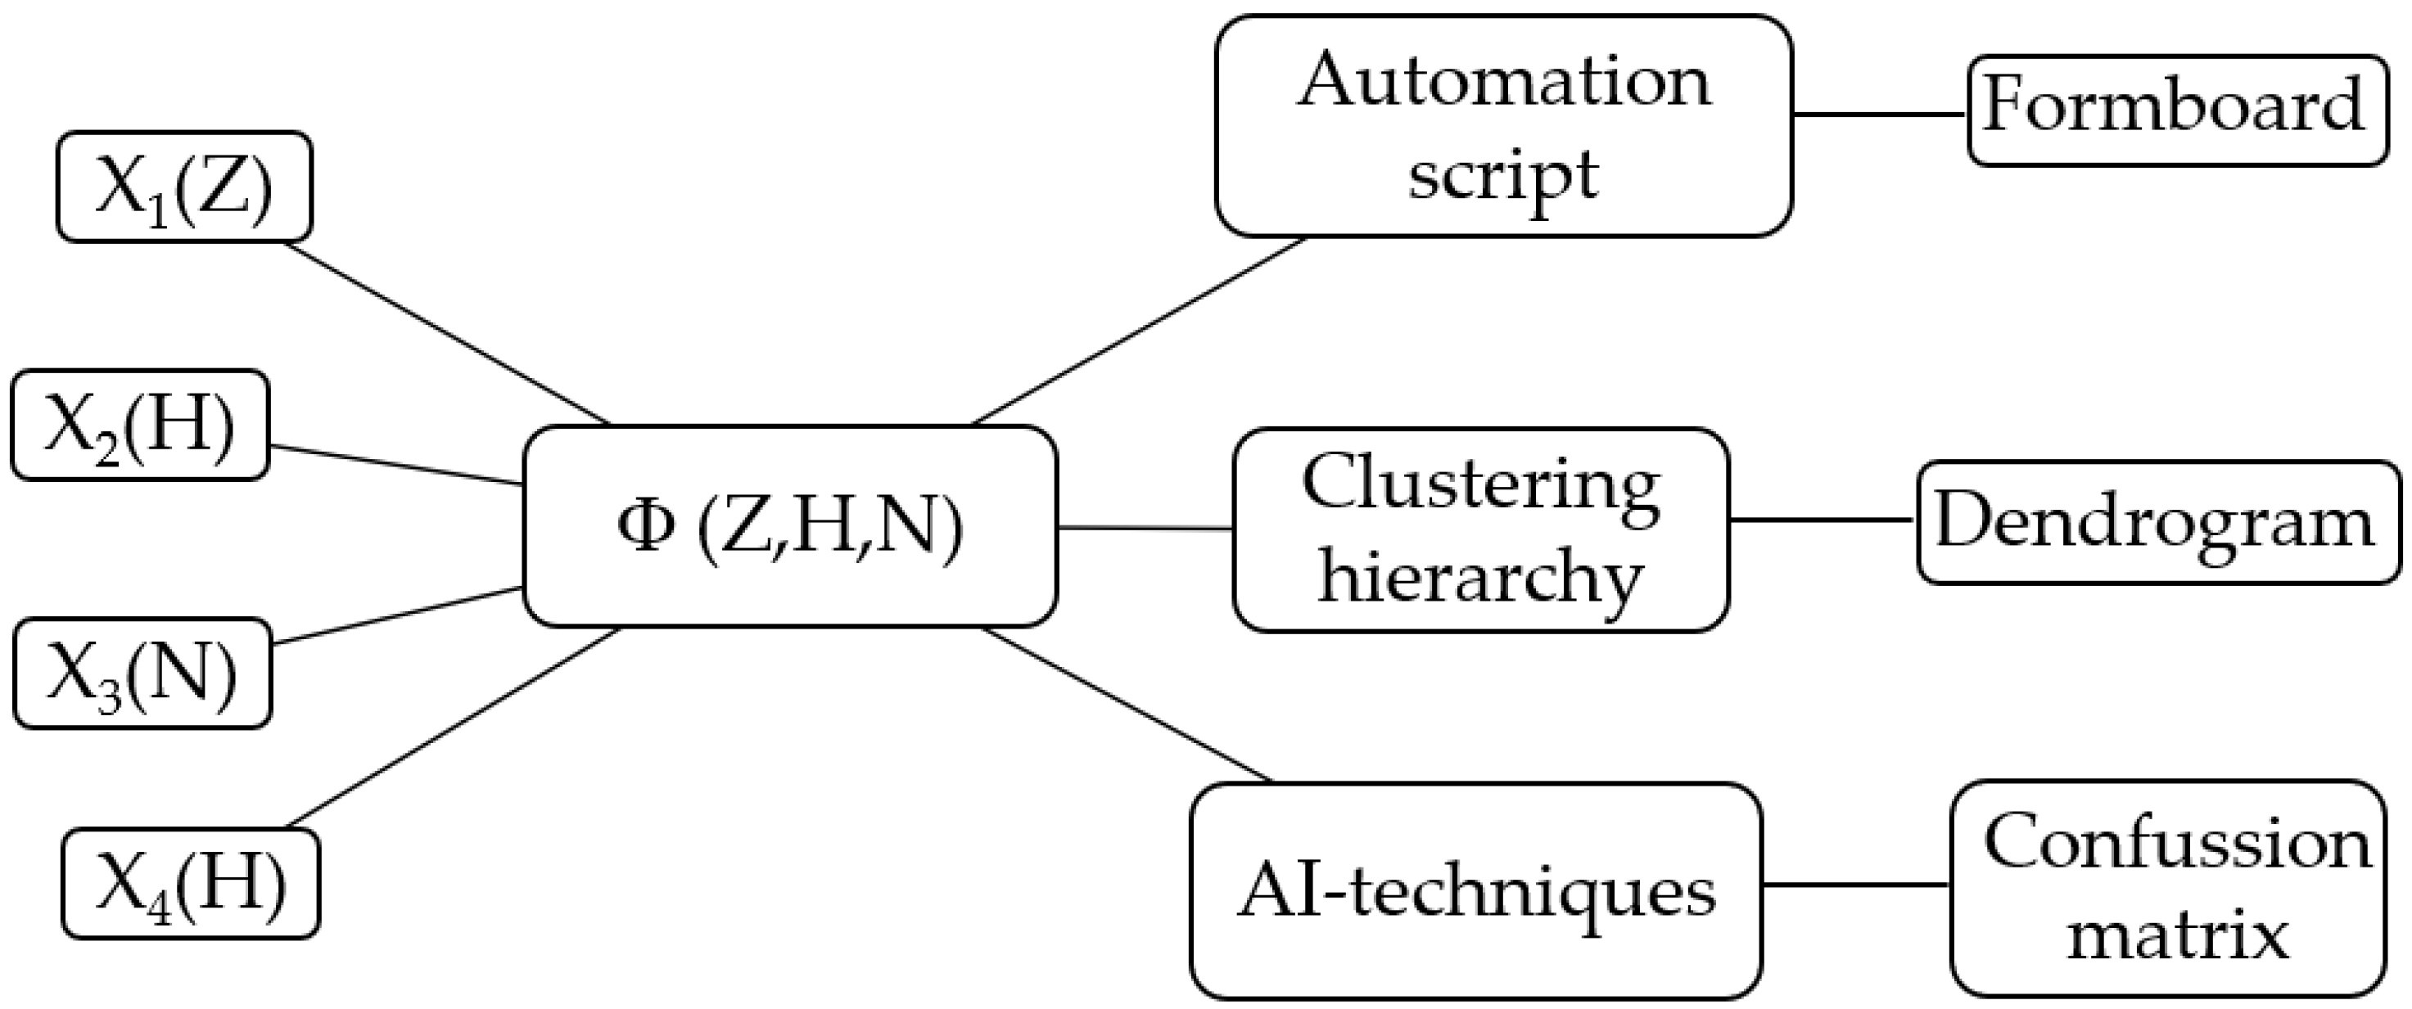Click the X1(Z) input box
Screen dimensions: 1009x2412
(x=184, y=187)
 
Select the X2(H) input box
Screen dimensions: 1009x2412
(x=141, y=425)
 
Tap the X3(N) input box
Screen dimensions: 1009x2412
(x=142, y=673)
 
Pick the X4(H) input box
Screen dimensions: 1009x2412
(x=191, y=883)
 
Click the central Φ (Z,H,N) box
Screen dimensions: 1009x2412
(x=790, y=526)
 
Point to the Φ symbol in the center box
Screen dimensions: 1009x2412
(x=646, y=526)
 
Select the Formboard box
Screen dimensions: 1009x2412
(x=2177, y=110)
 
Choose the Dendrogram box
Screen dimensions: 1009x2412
(x=2157, y=522)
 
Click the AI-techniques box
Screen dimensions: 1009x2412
(x=1475, y=890)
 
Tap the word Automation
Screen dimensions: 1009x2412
(x=1504, y=83)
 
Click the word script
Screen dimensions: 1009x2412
(x=1504, y=174)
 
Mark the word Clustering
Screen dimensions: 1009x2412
(x=1480, y=484)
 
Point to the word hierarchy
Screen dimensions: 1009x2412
(x=1480, y=579)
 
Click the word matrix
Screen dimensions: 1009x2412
(x=2178, y=934)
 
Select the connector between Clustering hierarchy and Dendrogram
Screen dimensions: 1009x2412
(x=1821, y=520)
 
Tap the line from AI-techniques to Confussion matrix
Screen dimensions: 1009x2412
(x=1855, y=885)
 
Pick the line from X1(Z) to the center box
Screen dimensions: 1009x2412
(x=448, y=333)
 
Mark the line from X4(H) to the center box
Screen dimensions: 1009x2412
(x=454, y=727)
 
